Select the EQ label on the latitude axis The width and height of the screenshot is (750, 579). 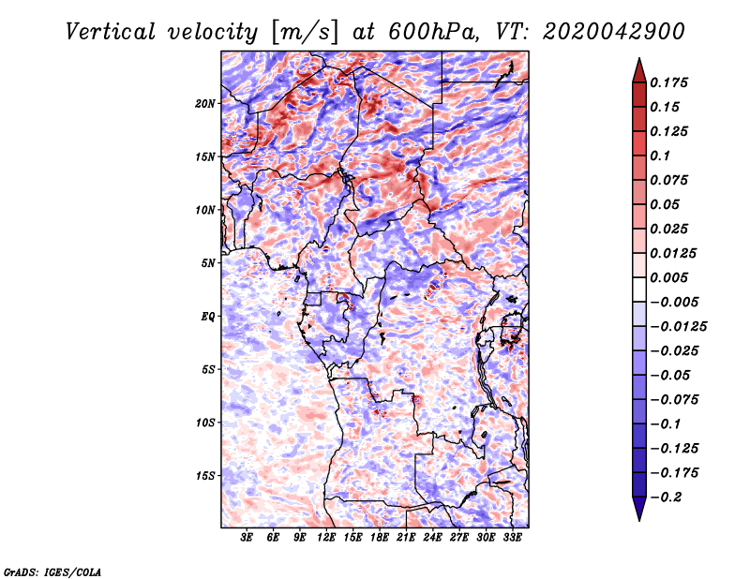tap(208, 317)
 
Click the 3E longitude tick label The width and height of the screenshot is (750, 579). tap(247, 539)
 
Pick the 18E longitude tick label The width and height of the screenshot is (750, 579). tap(380, 539)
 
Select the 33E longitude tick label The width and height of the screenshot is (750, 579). tap(512, 539)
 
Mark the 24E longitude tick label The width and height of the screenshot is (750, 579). tap(433, 539)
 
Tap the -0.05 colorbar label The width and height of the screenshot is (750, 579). tap(671, 375)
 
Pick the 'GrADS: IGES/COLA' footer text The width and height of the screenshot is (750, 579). tap(52, 571)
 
